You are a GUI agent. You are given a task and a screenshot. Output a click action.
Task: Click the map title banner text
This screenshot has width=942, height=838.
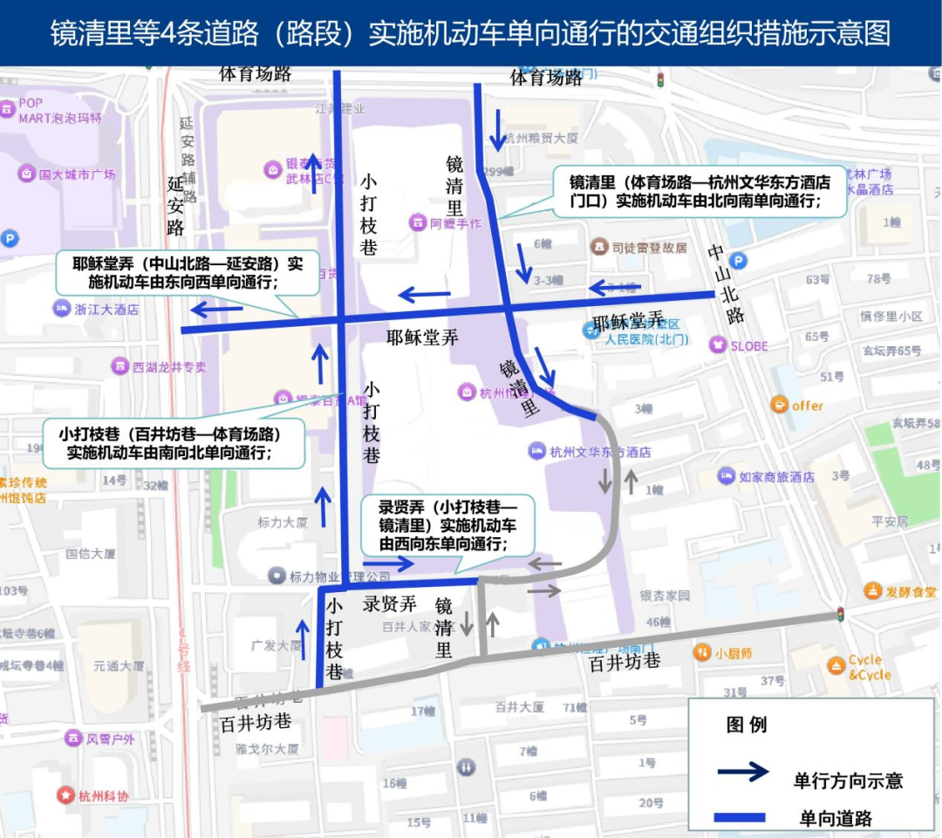[471, 33]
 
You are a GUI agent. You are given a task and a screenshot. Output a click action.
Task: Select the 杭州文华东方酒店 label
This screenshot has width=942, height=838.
[600, 453]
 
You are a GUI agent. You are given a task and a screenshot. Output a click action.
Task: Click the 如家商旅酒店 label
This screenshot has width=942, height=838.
[776, 477]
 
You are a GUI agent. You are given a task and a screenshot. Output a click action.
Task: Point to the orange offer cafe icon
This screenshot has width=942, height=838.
[779, 405]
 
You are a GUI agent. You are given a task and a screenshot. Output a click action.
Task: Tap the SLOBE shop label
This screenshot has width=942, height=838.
[748, 346]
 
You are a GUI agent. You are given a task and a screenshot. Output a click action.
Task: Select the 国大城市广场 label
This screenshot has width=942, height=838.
[77, 174]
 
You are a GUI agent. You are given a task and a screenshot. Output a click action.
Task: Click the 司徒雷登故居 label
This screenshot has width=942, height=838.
[649, 247]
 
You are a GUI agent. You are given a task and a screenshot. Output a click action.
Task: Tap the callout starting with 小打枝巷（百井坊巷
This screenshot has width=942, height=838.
[174, 443]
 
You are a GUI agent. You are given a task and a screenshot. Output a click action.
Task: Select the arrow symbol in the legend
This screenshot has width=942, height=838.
[742, 773]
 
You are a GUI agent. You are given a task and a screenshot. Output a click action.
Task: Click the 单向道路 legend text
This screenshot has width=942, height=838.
[836, 818]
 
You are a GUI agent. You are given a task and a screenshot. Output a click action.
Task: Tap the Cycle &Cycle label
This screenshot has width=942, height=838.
[870, 667]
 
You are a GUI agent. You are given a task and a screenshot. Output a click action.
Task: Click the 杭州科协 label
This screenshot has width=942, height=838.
[103, 796]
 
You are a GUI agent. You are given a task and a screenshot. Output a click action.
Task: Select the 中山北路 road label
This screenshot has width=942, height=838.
[726, 284]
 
